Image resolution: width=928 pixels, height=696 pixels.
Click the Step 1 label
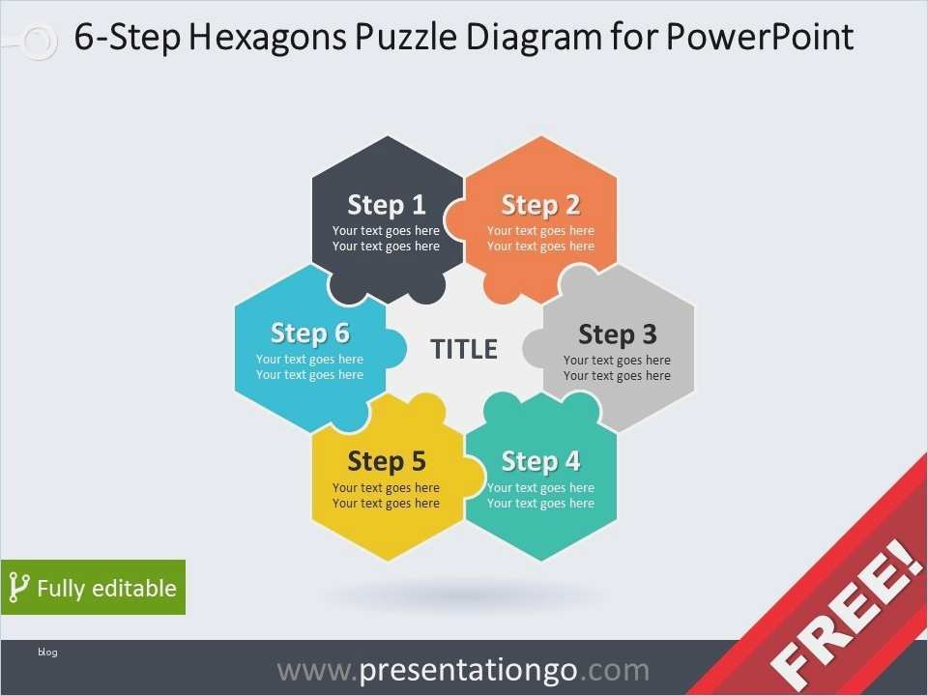(x=387, y=205)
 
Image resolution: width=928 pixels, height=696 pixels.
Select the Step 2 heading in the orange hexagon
(x=541, y=205)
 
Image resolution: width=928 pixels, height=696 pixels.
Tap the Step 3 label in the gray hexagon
(x=618, y=334)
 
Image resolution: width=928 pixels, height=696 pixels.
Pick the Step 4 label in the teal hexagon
(x=541, y=462)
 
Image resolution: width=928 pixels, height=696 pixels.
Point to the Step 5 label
(x=387, y=462)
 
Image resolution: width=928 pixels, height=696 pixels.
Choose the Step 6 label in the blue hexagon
(x=310, y=333)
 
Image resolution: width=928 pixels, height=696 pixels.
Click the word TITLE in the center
(x=464, y=349)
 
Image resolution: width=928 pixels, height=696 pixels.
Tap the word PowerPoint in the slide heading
(x=760, y=37)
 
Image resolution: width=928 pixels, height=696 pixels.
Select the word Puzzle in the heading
(x=406, y=37)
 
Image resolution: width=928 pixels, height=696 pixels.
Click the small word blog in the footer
(x=47, y=652)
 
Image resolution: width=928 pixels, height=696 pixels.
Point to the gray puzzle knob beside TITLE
(x=534, y=348)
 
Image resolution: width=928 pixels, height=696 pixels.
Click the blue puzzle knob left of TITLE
(x=395, y=348)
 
